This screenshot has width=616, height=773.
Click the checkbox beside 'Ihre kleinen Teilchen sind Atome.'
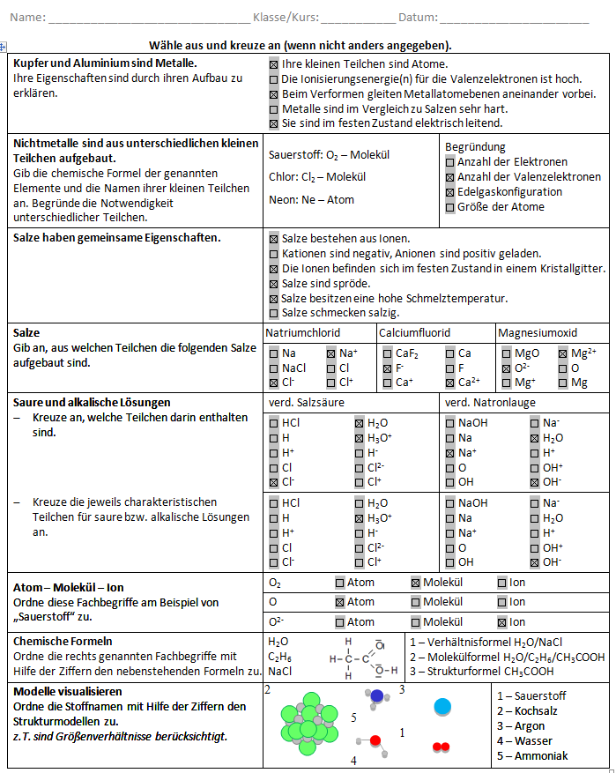[x=274, y=64]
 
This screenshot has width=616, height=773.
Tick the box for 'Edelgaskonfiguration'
[x=450, y=192]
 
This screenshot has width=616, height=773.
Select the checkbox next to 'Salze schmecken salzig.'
[x=274, y=313]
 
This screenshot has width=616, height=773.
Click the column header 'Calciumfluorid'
[x=414, y=333]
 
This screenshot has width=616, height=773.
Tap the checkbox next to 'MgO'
[x=506, y=353]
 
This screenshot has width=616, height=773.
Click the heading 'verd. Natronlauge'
[x=488, y=403]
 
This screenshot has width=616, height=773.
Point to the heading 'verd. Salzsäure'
[x=306, y=403]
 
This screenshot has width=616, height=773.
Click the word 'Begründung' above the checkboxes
[x=475, y=146]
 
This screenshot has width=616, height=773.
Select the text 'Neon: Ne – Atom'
[x=311, y=199]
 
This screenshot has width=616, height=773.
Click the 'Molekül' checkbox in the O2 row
[x=417, y=583]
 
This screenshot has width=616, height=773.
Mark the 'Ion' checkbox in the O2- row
[x=502, y=622]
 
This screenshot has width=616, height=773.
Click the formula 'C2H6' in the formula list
[x=279, y=656]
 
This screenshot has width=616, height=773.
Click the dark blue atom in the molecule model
[x=377, y=695]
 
